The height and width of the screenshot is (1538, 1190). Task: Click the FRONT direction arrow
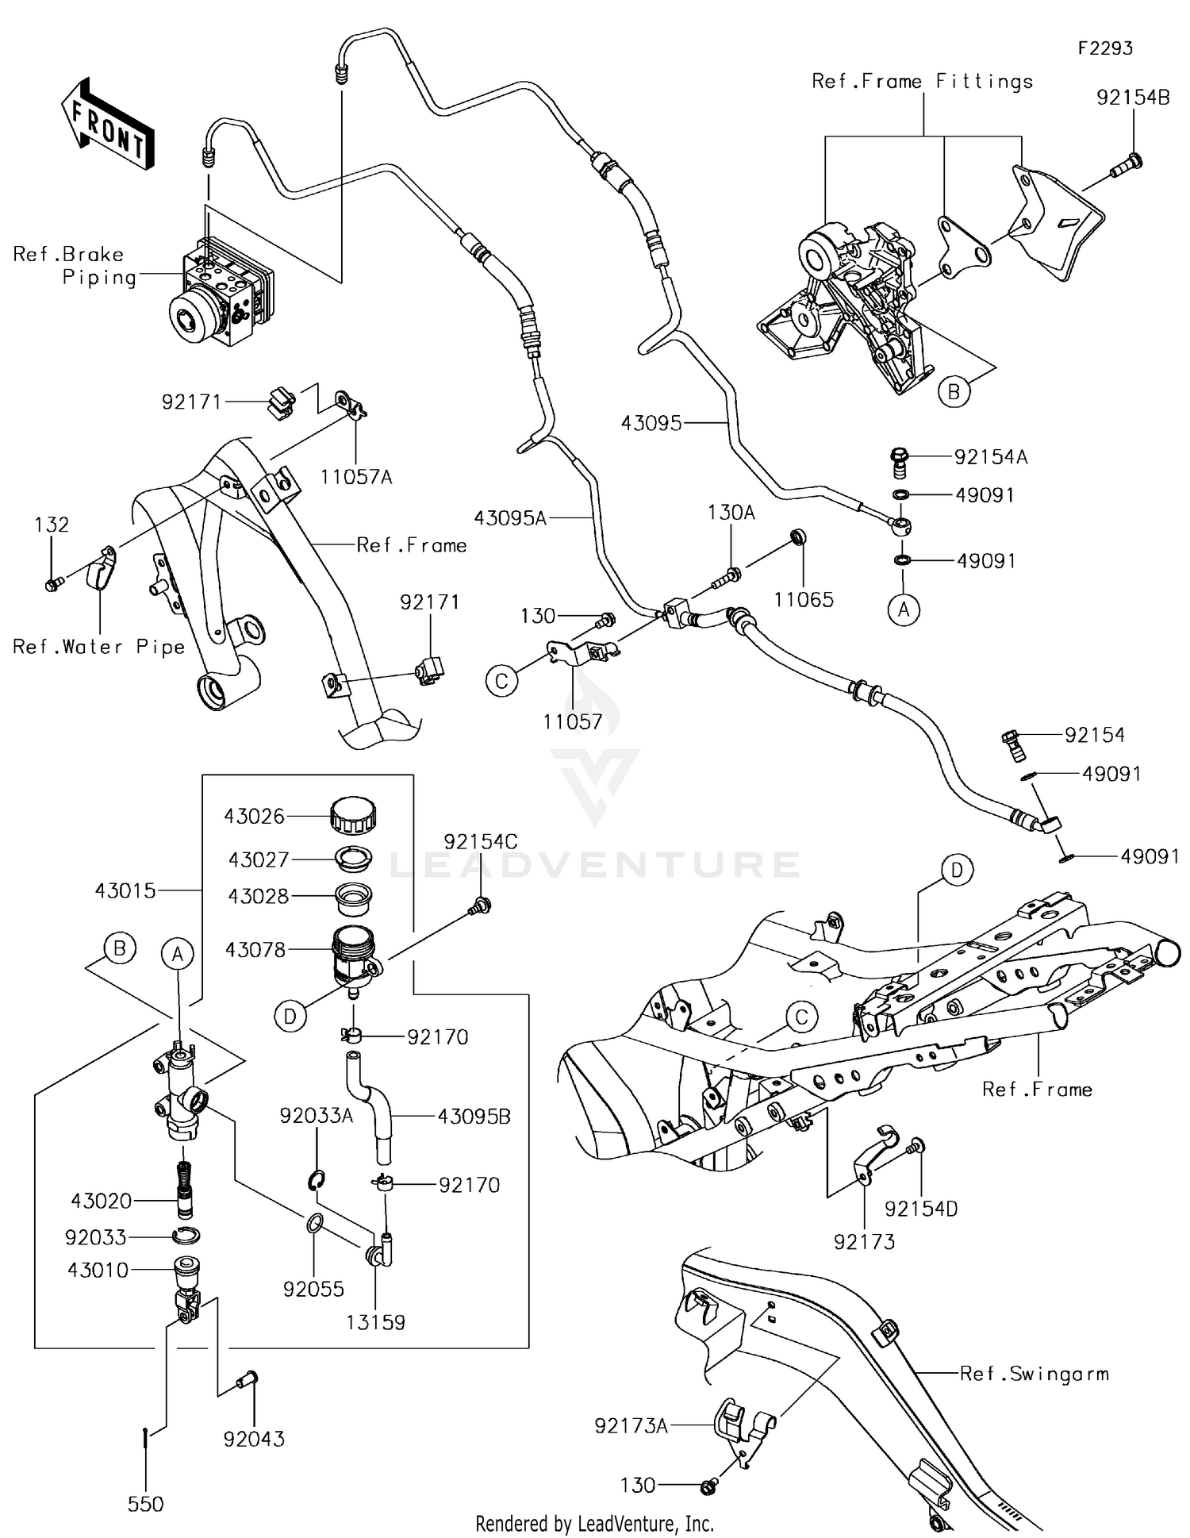[x=107, y=125]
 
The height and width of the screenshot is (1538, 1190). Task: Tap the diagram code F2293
[x=1104, y=48]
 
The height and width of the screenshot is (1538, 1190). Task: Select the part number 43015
[x=125, y=890]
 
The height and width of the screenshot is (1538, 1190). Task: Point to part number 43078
[x=255, y=949]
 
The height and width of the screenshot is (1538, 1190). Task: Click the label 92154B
[x=1132, y=98]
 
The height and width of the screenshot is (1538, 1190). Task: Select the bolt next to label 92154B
[x=1125, y=165]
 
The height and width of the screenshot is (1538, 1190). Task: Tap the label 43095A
[x=510, y=518]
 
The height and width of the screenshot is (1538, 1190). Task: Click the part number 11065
[x=804, y=600]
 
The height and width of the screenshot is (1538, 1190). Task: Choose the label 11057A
[x=356, y=477]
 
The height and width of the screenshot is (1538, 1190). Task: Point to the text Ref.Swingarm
[x=1034, y=1374]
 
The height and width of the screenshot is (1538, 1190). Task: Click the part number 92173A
[x=631, y=1426]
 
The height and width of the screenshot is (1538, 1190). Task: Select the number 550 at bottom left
[x=146, y=1504]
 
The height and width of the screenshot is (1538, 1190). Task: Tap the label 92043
[x=254, y=1439]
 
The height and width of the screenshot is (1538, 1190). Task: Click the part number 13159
[x=375, y=1322]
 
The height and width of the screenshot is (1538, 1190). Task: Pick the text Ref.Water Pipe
[x=98, y=647]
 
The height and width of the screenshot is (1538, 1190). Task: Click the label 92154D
[x=921, y=1209]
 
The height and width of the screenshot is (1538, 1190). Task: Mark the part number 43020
[x=101, y=1201]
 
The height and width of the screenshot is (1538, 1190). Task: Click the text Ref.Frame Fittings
[x=922, y=81]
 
